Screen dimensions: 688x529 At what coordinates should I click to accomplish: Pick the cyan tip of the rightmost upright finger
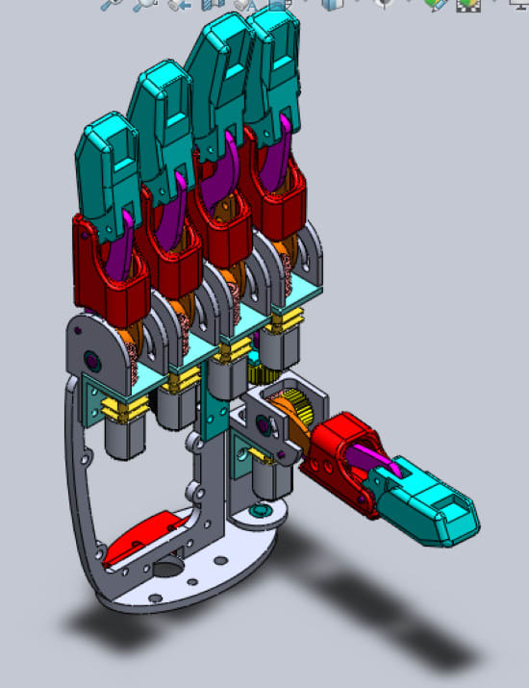(273, 58)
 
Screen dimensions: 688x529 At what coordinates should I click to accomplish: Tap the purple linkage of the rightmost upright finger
(286, 154)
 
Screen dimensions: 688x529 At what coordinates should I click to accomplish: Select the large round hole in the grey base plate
(165, 570)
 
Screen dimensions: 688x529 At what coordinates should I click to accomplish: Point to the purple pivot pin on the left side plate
(94, 360)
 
